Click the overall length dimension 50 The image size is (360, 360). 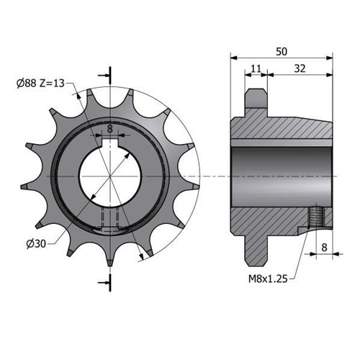pyautogui.click(x=282, y=52)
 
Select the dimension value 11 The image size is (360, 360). pyautogui.click(x=255, y=68)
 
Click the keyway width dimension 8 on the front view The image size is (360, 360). pyautogui.click(x=109, y=129)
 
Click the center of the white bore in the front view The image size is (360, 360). pyautogui.click(x=109, y=176)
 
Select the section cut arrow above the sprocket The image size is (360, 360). pyautogui.click(x=109, y=74)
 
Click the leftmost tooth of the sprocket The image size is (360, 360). pyautogui.click(x=26, y=186)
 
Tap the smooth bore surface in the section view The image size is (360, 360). pyautogui.click(x=281, y=176)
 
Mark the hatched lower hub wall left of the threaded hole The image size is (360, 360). pyautogui.click(x=274, y=220)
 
